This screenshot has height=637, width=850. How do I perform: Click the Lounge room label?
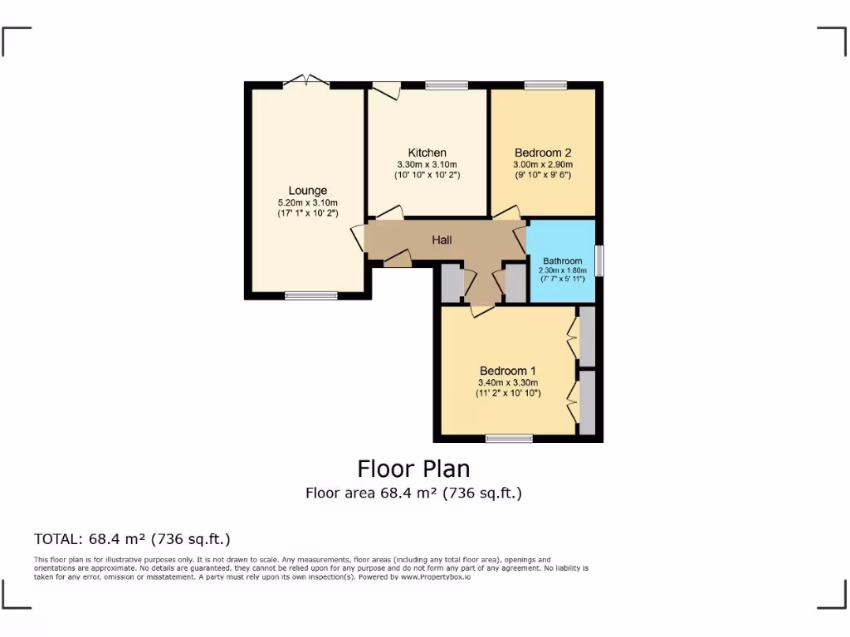(x=308, y=191)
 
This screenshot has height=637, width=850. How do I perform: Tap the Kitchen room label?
(x=427, y=153)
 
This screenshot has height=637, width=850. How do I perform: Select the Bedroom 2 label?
(x=543, y=153)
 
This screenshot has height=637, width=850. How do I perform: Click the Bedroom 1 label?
(x=508, y=371)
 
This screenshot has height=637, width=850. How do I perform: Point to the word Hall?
(x=442, y=241)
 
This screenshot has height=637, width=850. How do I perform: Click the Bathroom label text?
(x=563, y=260)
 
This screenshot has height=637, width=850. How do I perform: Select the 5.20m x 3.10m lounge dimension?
(x=308, y=202)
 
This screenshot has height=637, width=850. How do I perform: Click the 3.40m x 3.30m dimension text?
(x=508, y=382)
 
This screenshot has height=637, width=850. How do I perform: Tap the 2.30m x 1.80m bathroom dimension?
(x=563, y=270)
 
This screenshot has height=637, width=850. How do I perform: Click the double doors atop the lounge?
(x=305, y=81)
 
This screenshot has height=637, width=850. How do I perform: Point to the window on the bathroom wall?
(x=598, y=260)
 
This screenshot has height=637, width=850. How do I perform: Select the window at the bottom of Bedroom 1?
(x=509, y=438)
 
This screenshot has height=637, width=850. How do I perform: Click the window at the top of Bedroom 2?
(x=545, y=85)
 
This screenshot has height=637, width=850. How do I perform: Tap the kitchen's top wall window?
(x=447, y=85)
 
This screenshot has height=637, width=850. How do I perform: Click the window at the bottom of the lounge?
(x=311, y=295)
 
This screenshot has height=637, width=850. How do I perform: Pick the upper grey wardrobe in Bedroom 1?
(x=587, y=337)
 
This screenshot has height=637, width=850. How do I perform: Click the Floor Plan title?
(x=413, y=469)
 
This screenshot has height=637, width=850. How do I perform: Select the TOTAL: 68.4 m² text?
(x=132, y=539)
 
